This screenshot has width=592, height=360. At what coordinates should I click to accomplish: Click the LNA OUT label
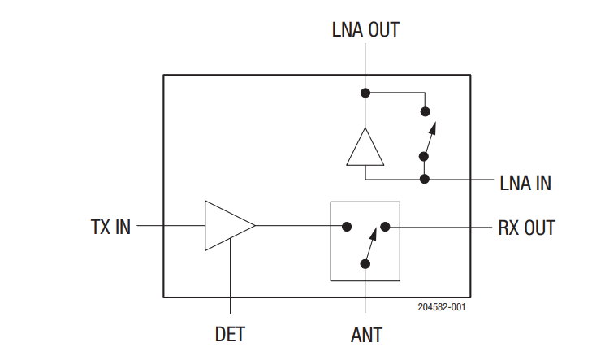click(x=365, y=30)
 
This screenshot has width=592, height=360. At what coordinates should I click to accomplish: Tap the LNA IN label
click(x=525, y=184)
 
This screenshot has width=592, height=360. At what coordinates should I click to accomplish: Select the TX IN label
click(x=110, y=227)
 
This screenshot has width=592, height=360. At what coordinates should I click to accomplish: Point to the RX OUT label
click(x=526, y=228)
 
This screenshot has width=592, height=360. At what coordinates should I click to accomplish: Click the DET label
click(x=231, y=334)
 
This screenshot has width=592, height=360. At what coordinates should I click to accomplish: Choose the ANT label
click(x=365, y=334)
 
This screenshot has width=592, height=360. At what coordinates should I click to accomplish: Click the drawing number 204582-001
click(x=442, y=307)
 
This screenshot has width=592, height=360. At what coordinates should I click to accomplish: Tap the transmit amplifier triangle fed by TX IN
click(x=227, y=226)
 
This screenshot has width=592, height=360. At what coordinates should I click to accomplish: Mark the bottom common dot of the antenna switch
click(x=365, y=263)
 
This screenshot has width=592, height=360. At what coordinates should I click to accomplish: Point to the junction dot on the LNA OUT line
click(x=365, y=93)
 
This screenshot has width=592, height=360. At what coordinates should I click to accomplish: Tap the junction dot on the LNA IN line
click(x=423, y=178)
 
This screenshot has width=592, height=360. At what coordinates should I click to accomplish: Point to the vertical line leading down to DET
click(x=231, y=276)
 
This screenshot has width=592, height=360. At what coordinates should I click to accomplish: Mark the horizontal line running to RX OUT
click(x=439, y=227)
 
